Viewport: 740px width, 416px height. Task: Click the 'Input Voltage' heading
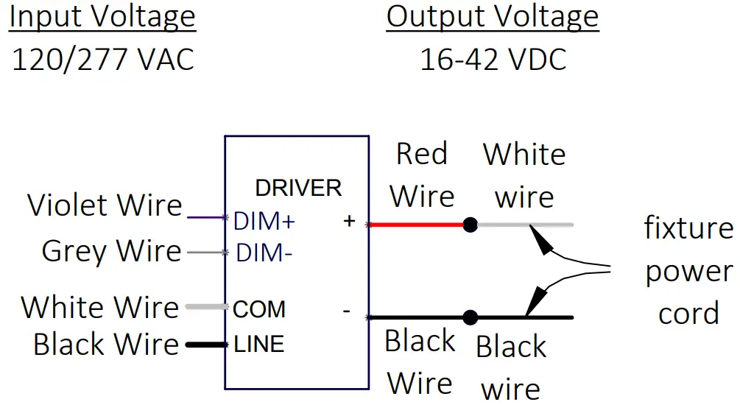pyautogui.click(x=102, y=17)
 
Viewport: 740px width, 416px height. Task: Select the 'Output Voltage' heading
pyautogui.click(x=493, y=17)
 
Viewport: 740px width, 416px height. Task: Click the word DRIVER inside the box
pyautogui.click(x=298, y=188)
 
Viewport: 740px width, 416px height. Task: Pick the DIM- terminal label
pyautogui.click(x=264, y=254)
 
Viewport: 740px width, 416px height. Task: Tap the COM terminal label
pyautogui.click(x=259, y=309)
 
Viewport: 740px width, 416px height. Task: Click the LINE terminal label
pyautogui.click(x=258, y=344)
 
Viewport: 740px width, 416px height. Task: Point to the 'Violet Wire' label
pyautogui.click(x=105, y=205)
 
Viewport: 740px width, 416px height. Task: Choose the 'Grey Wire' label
pyautogui.click(x=111, y=251)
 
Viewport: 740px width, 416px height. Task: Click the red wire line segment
pyautogui.click(x=416, y=224)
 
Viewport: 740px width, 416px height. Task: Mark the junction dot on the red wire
pyautogui.click(x=471, y=224)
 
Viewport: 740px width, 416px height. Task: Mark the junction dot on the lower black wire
pyautogui.click(x=471, y=318)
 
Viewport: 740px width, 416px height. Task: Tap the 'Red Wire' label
pyautogui.click(x=422, y=175)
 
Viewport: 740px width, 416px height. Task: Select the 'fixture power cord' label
pyautogui.click(x=688, y=271)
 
